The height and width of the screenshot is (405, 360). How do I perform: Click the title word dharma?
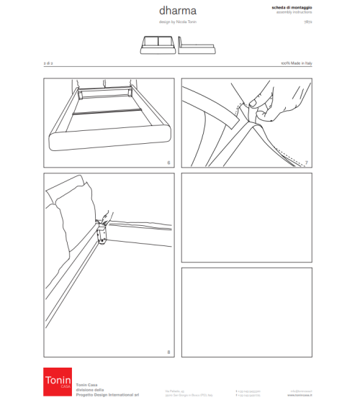[177, 12]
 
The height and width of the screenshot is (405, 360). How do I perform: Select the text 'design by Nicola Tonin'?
[177, 22]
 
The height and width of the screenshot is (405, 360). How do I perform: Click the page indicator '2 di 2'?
[48, 64]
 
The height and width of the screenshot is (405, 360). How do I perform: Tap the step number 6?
[168, 163]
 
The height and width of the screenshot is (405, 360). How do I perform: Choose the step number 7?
[307, 163]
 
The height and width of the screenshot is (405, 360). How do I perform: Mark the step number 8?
[168, 352]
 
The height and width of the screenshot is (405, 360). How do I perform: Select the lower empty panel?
[247, 311]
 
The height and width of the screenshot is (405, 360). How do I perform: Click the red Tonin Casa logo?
[57, 381]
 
